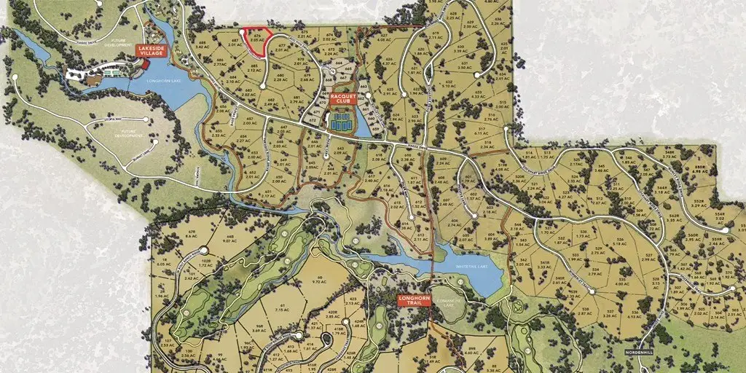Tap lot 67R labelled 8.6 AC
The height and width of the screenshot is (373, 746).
coord(192,234)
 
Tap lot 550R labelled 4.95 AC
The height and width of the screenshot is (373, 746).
coord(699,170)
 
